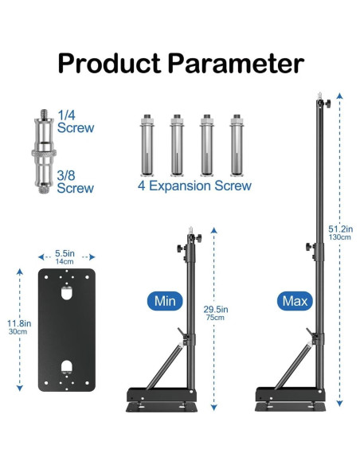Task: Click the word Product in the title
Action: [x=109, y=64]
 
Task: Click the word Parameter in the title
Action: [x=237, y=63]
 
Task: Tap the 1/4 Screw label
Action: [x=76, y=122]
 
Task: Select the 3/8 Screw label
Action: [x=76, y=182]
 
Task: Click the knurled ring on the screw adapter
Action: [x=44, y=153]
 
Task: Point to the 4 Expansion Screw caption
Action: [x=194, y=186]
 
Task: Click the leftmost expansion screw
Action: [x=147, y=145]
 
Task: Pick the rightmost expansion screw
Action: [x=237, y=145]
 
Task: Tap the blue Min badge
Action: [x=165, y=301]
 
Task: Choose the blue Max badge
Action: [x=295, y=301]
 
